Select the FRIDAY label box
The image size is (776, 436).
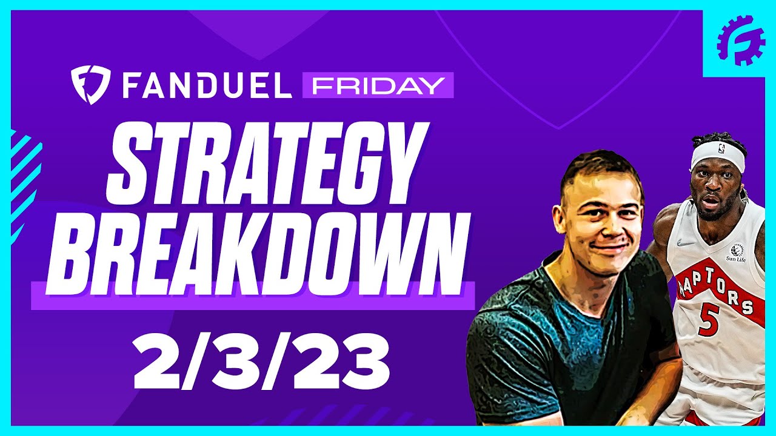[x=378, y=86]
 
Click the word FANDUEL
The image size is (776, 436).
[x=207, y=86]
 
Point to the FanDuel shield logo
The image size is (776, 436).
[x=90, y=85]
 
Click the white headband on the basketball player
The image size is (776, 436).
[x=718, y=156]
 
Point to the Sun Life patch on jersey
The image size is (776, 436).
[x=736, y=253]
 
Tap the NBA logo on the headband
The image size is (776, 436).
[x=720, y=148]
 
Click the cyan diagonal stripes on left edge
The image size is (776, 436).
[x=24, y=176]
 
